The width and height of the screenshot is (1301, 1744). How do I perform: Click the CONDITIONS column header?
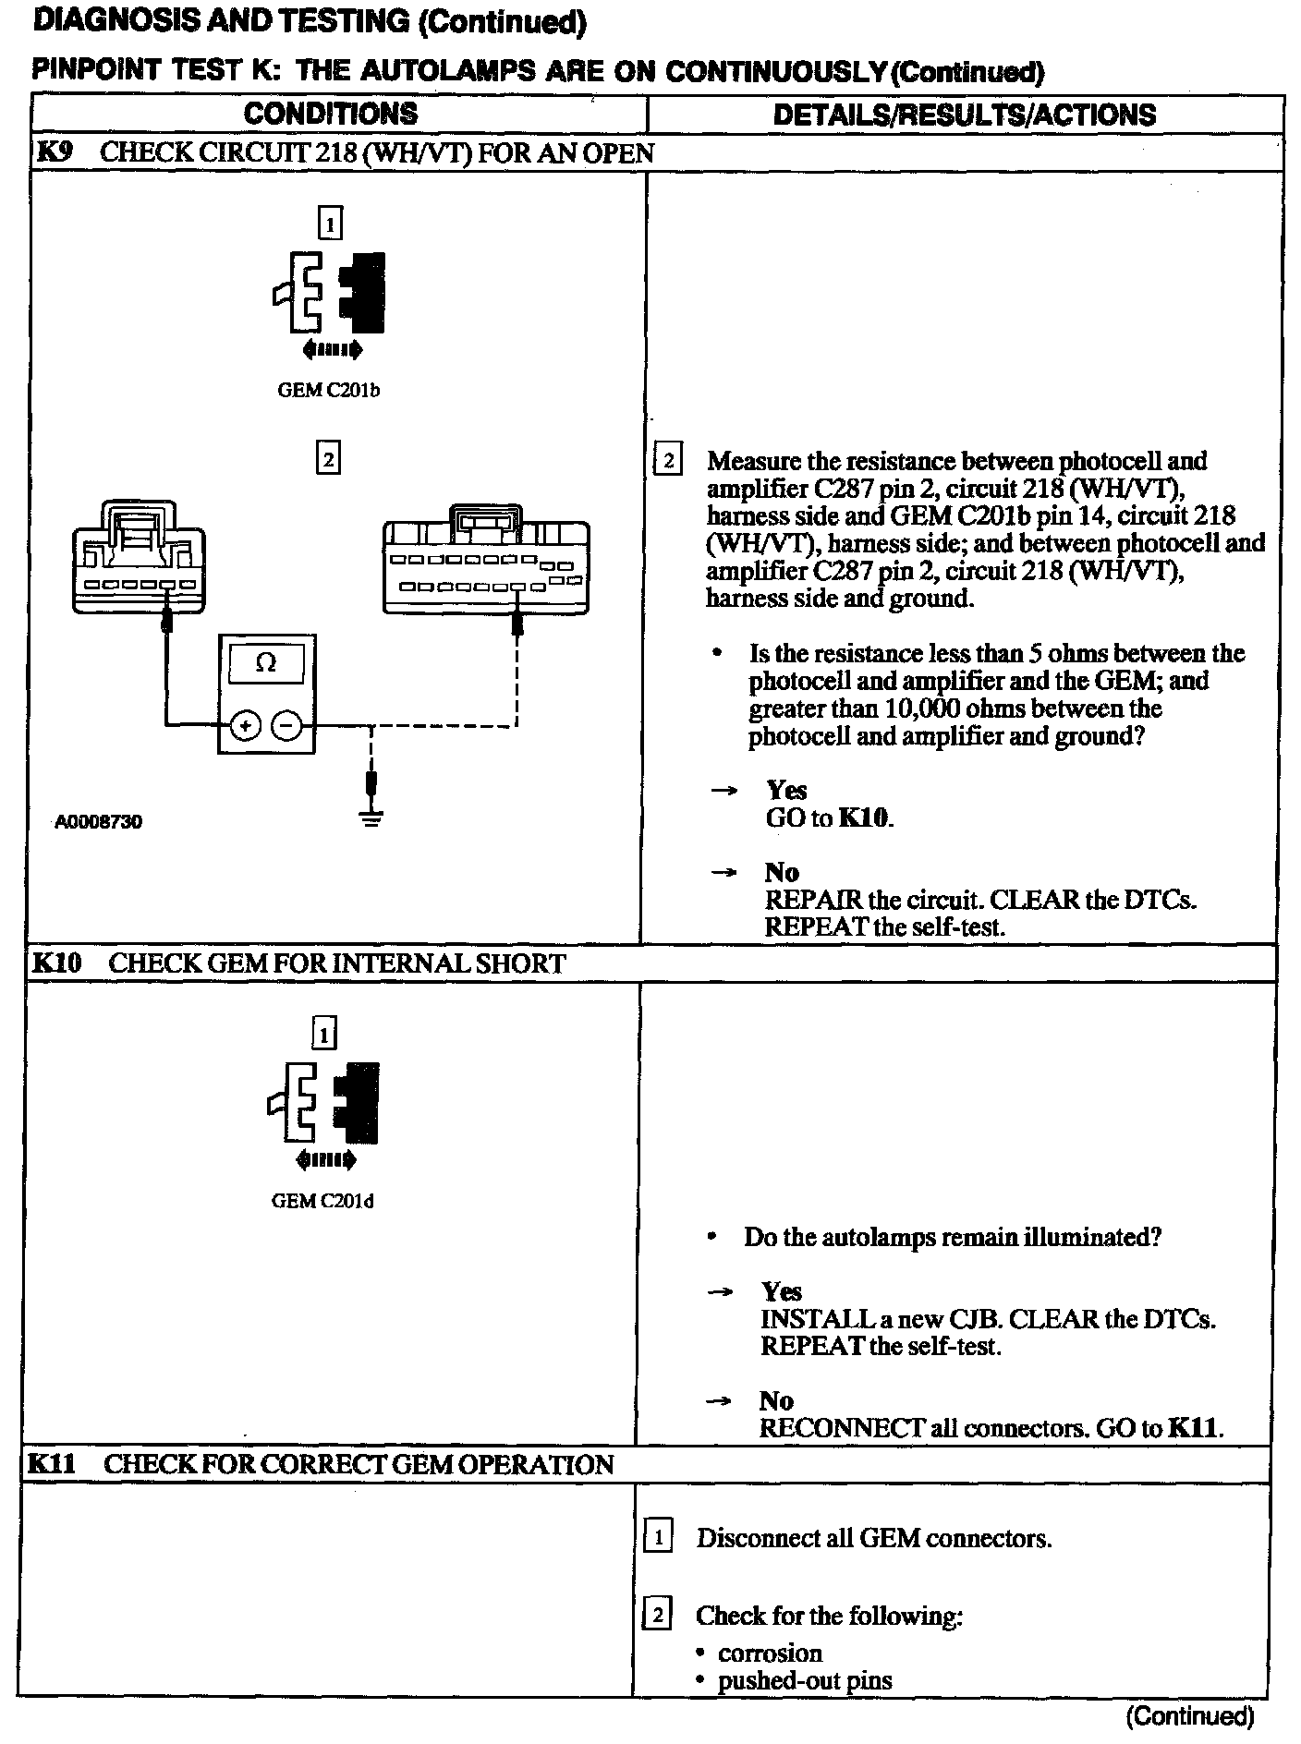tap(330, 115)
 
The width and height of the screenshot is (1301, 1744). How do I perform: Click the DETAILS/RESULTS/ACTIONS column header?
tap(964, 115)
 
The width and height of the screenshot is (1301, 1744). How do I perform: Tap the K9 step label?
tap(54, 152)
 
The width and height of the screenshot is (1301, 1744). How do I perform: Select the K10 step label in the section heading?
tap(56, 963)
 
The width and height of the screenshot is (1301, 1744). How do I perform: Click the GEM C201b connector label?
tap(329, 390)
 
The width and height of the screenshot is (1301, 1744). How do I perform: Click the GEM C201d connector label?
tap(322, 1201)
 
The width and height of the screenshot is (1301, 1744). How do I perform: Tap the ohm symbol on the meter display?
tap(266, 662)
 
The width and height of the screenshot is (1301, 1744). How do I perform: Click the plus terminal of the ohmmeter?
tap(245, 726)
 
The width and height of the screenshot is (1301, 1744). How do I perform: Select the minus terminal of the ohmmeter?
tap(287, 726)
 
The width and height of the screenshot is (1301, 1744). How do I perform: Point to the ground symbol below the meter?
tap(371, 817)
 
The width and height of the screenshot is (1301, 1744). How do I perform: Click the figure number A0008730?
tap(98, 821)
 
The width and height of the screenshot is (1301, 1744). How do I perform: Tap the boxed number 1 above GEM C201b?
tap(329, 223)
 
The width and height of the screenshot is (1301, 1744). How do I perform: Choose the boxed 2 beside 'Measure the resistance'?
tap(667, 460)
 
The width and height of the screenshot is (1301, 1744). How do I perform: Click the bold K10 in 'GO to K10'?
tap(865, 817)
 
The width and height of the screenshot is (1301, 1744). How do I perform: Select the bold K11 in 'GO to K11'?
tap(1194, 1428)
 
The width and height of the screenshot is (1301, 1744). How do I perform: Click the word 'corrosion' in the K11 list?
tap(770, 1653)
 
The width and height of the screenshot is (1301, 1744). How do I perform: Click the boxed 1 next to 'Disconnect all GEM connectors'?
tap(657, 1538)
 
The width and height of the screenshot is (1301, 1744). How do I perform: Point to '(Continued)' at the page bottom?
tap(1190, 1716)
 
